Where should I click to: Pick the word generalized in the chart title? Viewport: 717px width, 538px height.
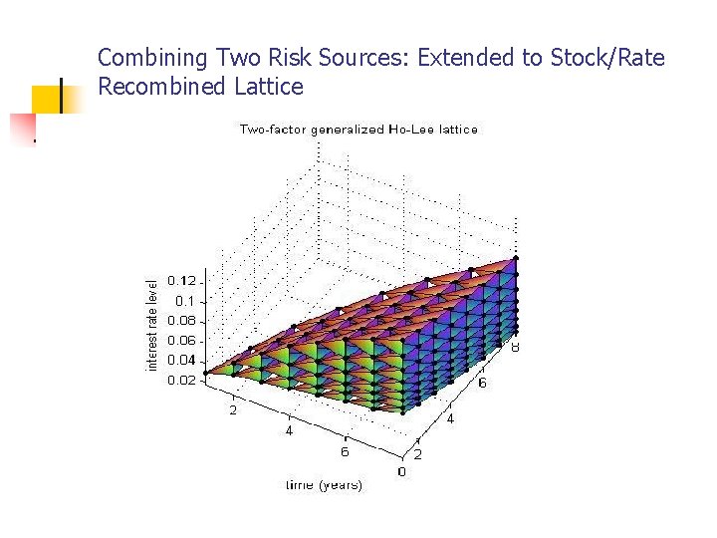click(x=350, y=130)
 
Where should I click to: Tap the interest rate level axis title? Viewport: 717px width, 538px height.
click(x=152, y=324)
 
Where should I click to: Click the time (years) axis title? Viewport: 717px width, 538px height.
click(x=324, y=485)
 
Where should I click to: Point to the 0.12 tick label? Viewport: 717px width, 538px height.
click(x=181, y=280)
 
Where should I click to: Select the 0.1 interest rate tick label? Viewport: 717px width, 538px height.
click(x=185, y=301)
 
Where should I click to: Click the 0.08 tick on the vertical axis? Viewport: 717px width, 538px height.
click(x=181, y=321)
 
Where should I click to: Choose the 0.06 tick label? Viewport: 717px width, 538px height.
click(x=181, y=341)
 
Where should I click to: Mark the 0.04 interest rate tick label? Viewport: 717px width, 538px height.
click(x=181, y=361)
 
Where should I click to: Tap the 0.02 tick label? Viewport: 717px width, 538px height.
click(x=181, y=381)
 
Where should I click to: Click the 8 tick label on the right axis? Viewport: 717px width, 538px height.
click(x=516, y=347)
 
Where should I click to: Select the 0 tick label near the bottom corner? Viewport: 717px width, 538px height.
click(x=401, y=471)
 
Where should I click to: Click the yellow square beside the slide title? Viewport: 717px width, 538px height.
click(x=47, y=99)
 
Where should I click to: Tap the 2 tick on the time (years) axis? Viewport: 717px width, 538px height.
click(x=232, y=409)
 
